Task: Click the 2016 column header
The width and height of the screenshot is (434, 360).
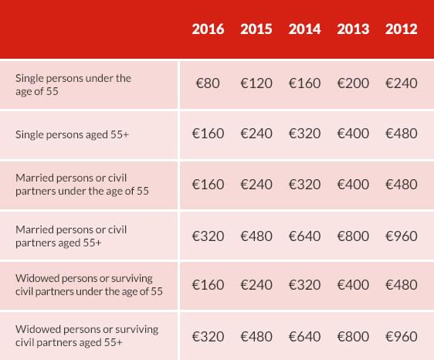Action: [208, 29]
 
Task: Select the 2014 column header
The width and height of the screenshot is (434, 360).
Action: [304, 29]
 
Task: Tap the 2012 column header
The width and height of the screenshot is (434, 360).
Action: [401, 29]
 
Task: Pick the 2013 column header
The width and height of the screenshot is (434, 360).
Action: [353, 29]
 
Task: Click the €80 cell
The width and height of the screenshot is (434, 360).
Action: [208, 83]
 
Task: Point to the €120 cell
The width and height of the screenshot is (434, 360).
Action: [256, 83]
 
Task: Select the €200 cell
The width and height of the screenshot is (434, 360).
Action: [353, 83]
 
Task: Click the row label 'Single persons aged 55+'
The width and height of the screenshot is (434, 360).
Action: [72, 135]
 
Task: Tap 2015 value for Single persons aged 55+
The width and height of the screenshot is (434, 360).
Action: [256, 134]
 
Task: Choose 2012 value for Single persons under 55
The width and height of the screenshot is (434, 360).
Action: [401, 83]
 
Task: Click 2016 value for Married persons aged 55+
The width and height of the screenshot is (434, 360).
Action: [208, 236]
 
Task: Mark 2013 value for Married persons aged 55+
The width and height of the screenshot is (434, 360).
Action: [353, 236]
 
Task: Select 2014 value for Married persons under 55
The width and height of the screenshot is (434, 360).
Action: [304, 185]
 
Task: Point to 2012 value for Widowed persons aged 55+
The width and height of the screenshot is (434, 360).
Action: [401, 337]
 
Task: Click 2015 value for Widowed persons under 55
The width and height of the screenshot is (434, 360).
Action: [256, 284]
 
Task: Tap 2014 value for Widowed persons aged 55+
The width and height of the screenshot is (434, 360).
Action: [304, 337]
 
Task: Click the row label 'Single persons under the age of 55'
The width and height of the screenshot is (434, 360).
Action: [73, 85]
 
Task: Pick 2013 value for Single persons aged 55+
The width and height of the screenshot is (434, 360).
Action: [353, 134]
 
